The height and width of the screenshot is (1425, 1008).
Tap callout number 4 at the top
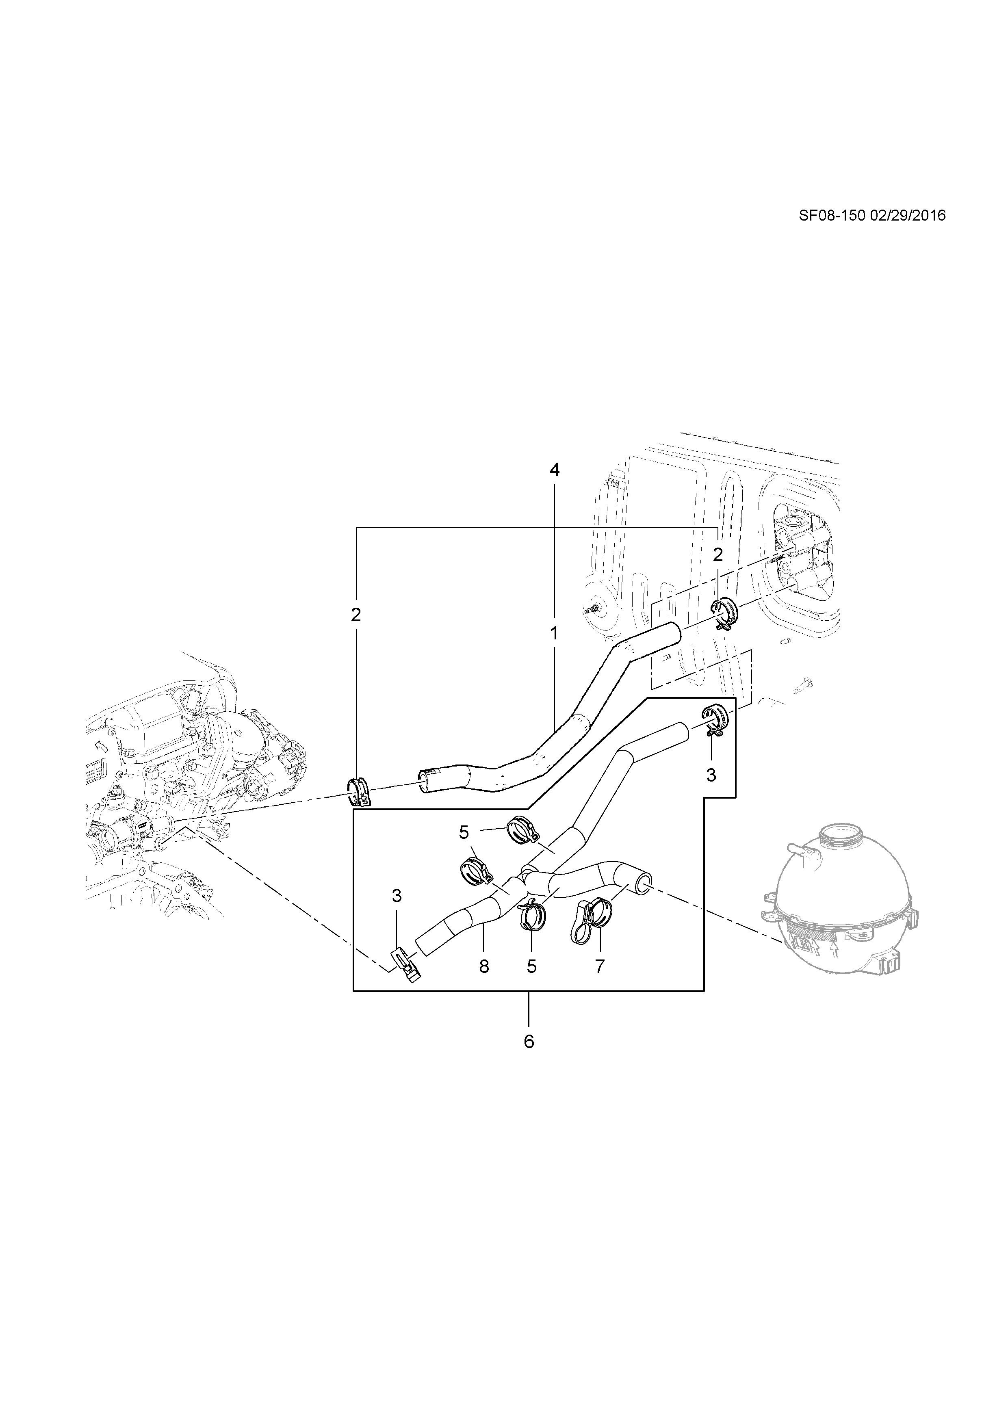pos(554,470)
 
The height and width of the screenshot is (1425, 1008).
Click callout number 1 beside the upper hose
pos(553,634)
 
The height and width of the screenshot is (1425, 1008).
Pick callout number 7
pos(600,966)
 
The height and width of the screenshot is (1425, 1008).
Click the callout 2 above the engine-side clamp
pos(356,615)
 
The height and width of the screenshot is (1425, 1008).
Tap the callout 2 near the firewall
pos(718,555)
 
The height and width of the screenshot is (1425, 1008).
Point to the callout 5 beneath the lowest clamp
pos(531,966)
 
